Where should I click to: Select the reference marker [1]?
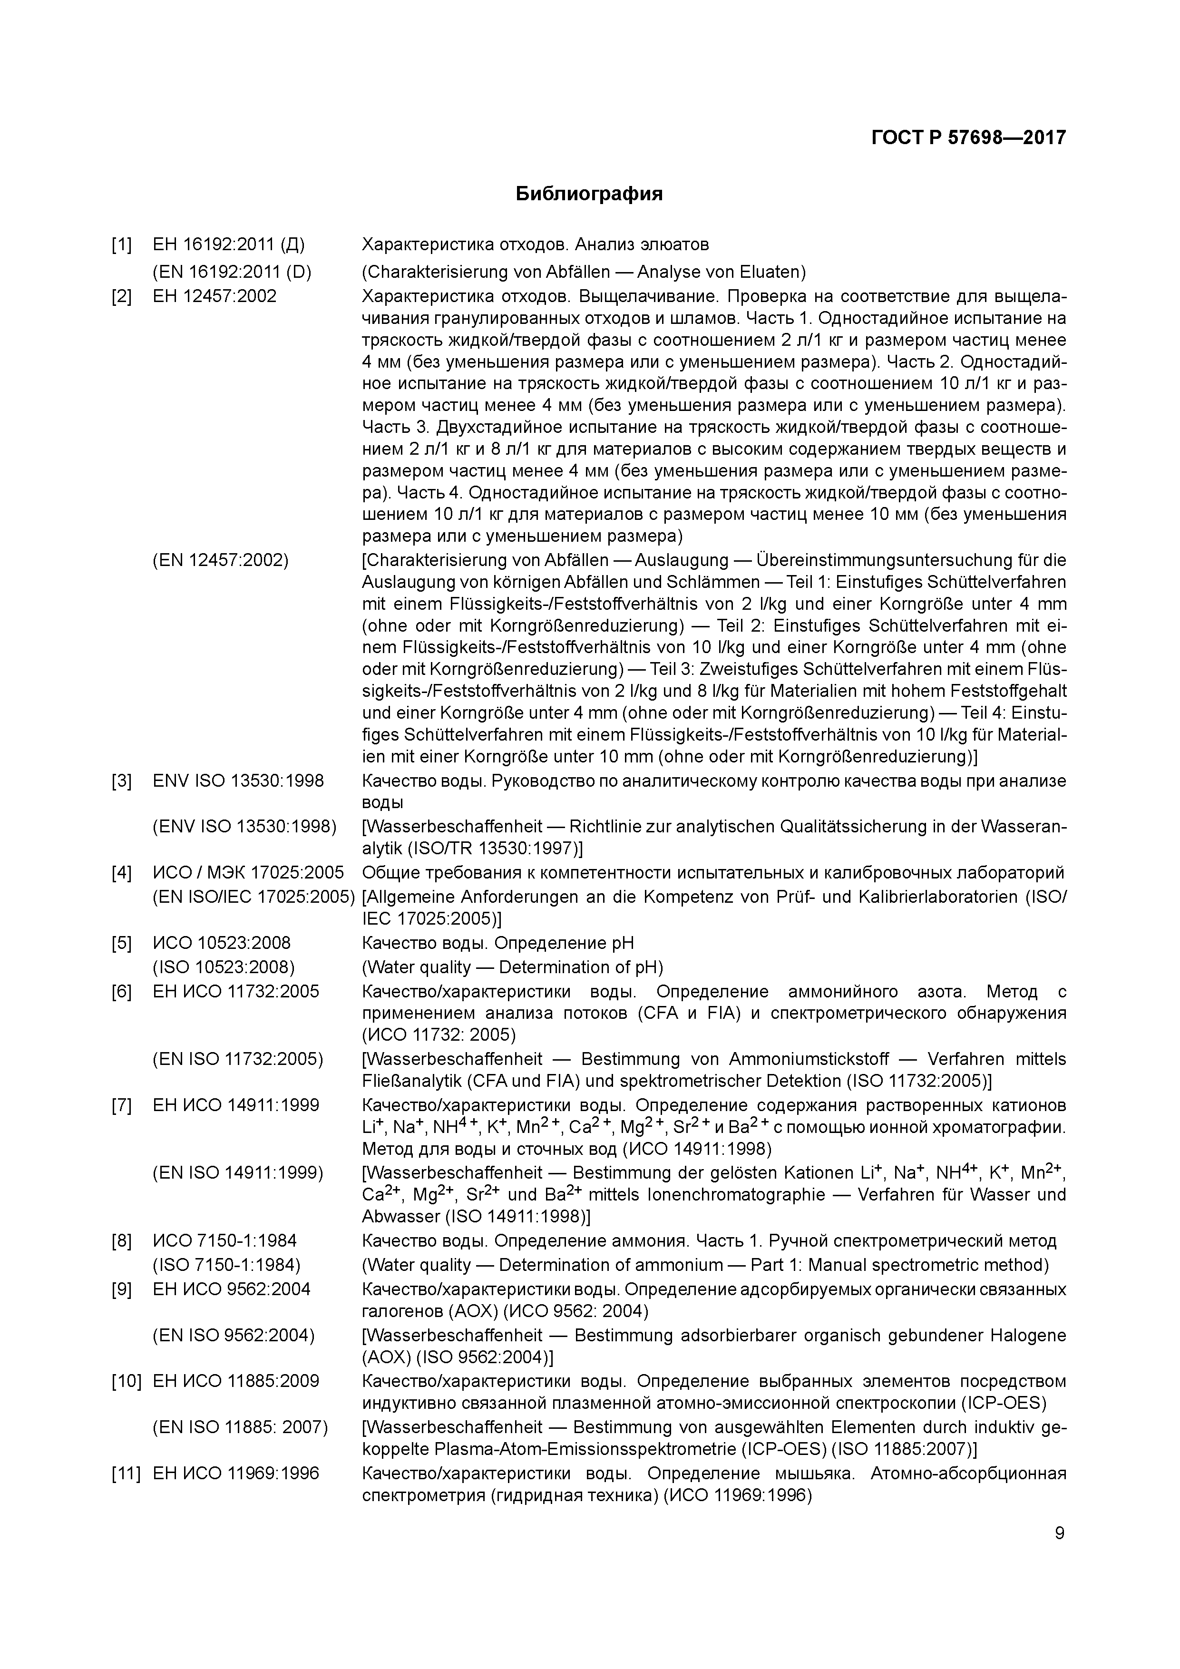[121, 244]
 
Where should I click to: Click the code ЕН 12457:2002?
[215, 296]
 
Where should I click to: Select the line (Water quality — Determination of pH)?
[513, 967]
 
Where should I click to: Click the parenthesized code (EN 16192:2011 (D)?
[231, 272]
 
